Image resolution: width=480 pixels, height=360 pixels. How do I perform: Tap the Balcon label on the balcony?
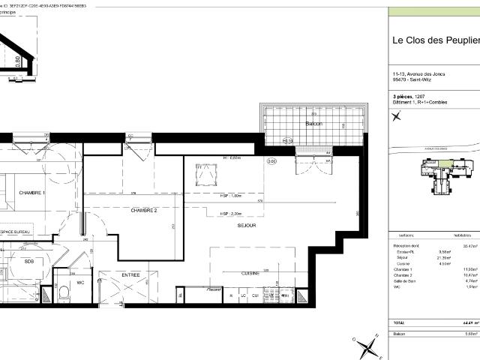(313, 123)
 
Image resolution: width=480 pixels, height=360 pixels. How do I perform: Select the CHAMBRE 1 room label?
(32, 193)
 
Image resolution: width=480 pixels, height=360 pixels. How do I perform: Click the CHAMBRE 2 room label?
(144, 211)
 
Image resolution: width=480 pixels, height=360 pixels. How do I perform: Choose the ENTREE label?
(131, 276)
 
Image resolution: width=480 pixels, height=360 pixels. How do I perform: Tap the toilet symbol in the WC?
(65, 293)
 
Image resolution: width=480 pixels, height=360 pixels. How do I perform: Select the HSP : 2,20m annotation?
(231, 214)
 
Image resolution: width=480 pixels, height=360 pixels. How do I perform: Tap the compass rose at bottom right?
(367, 346)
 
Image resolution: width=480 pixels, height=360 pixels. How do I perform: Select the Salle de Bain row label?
(406, 280)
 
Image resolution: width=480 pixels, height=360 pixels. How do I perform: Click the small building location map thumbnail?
(450, 176)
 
